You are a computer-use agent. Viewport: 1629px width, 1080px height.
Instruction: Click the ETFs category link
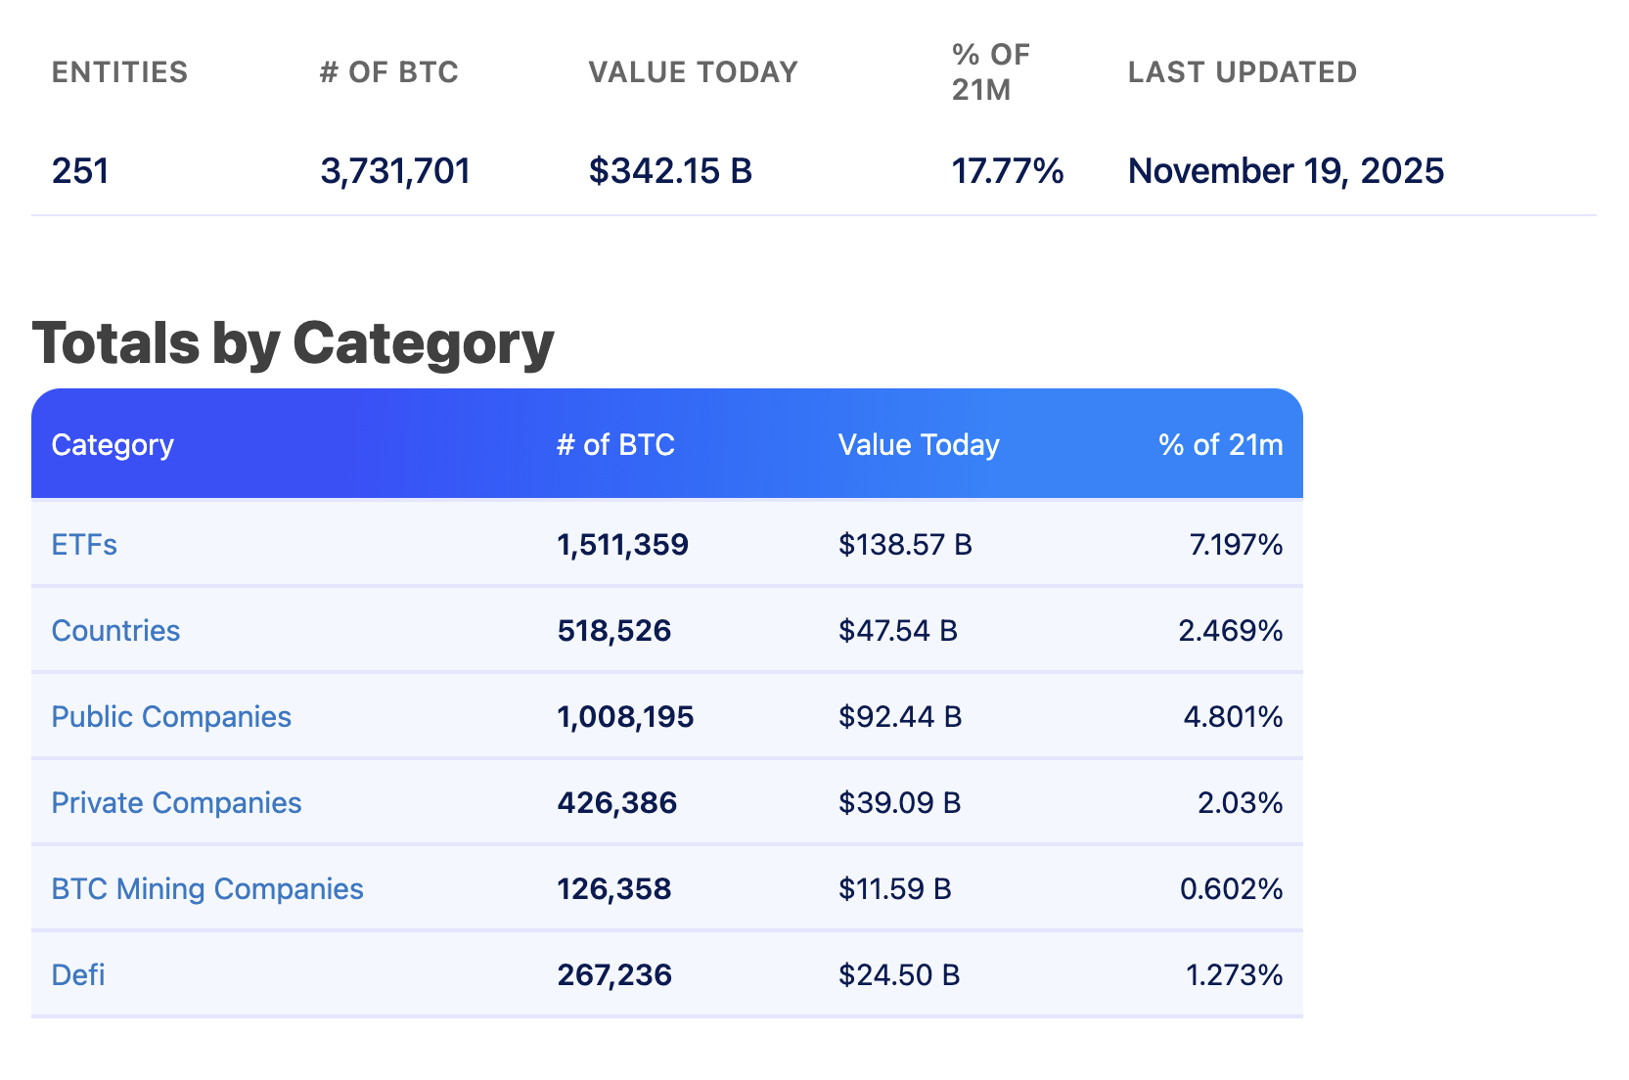(84, 545)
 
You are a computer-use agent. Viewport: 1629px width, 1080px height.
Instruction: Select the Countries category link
(115, 631)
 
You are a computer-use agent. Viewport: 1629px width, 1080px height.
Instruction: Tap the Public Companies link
(171, 717)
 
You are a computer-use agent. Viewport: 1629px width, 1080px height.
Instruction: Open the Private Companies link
(176, 803)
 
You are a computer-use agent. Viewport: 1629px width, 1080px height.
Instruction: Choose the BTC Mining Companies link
(207, 889)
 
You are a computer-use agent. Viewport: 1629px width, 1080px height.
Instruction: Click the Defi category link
(78, 975)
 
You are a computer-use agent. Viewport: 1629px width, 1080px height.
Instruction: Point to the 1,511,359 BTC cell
(622, 545)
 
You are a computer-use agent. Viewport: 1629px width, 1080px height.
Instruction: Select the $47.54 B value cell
(897, 631)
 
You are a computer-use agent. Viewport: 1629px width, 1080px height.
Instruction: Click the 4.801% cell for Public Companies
(1233, 717)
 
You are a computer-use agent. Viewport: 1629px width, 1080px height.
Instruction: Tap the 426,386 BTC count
(616, 803)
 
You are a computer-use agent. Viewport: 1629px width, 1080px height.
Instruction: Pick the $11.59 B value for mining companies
(894, 889)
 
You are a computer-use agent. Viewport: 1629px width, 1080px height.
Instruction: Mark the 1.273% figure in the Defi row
(1234, 975)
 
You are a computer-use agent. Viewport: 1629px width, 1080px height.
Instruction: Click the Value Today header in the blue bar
(918, 445)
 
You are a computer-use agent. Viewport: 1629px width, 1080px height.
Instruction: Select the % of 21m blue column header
(1220, 445)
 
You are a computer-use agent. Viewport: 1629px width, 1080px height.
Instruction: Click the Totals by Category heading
(293, 343)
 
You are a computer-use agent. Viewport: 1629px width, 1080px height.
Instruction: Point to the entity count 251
(80, 171)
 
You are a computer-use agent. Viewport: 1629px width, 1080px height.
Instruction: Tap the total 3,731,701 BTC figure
(395, 171)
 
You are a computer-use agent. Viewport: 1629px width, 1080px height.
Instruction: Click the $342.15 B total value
(670, 171)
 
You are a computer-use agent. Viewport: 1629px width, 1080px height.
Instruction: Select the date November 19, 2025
(1286, 171)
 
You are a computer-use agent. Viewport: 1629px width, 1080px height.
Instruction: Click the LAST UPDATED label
(1242, 72)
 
